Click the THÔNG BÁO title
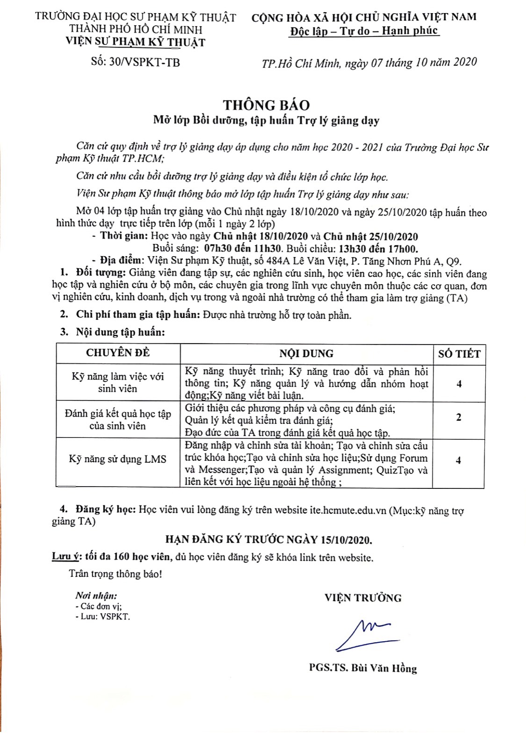[266, 105]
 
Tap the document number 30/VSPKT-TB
[144, 62]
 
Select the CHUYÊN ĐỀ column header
[118, 353]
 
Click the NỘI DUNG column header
[306, 353]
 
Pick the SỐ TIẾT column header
[459, 354]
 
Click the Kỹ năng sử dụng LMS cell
[118, 459]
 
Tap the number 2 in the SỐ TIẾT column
[458, 417]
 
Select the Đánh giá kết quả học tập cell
[118, 419]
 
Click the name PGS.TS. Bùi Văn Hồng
[363, 668]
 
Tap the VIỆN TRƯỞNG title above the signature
[363, 598]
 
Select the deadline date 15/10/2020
[346, 540]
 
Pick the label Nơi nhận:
[96, 595]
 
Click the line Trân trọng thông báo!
[115, 573]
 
